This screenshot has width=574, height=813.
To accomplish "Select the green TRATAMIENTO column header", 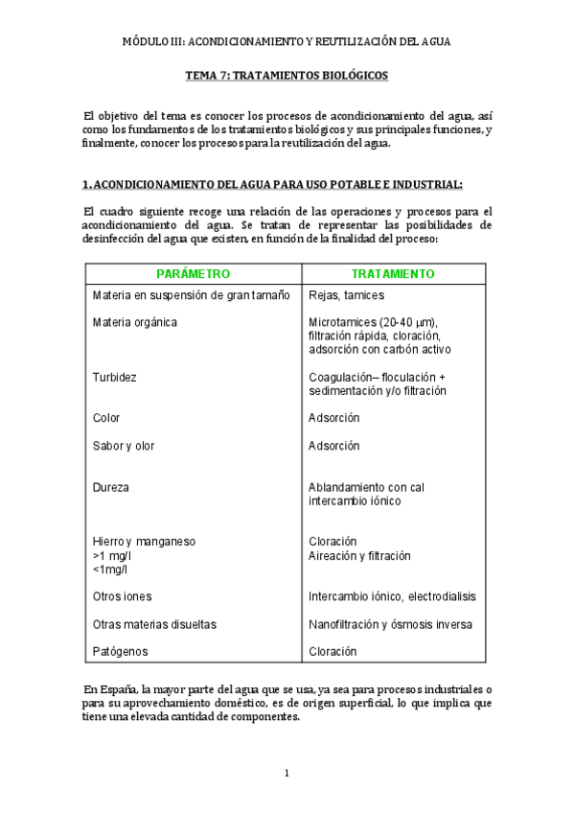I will click(x=393, y=273).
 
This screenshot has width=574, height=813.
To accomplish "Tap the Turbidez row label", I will click(x=114, y=377).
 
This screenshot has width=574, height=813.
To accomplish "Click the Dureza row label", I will click(x=111, y=487).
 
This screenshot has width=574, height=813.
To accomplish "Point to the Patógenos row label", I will click(x=119, y=652).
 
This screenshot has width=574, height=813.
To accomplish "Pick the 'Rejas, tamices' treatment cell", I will click(x=347, y=295).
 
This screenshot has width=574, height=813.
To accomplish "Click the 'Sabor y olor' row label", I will click(x=124, y=446).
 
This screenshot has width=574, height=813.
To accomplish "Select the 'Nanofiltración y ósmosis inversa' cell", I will click(x=391, y=624).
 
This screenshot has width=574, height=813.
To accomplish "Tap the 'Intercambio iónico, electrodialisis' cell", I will click(x=392, y=596).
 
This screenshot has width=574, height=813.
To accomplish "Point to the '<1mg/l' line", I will click(x=109, y=569).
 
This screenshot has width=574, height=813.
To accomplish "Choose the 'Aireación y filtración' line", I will click(x=359, y=555).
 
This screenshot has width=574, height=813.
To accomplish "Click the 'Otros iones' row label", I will click(x=123, y=596).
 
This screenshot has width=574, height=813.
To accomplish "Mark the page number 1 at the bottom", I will click(x=287, y=773).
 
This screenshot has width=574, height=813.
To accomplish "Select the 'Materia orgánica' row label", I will click(x=135, y=322).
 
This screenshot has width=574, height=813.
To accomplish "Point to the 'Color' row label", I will click(x=106, y=418).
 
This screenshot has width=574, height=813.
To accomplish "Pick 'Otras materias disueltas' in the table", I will click(x=154, y=624).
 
